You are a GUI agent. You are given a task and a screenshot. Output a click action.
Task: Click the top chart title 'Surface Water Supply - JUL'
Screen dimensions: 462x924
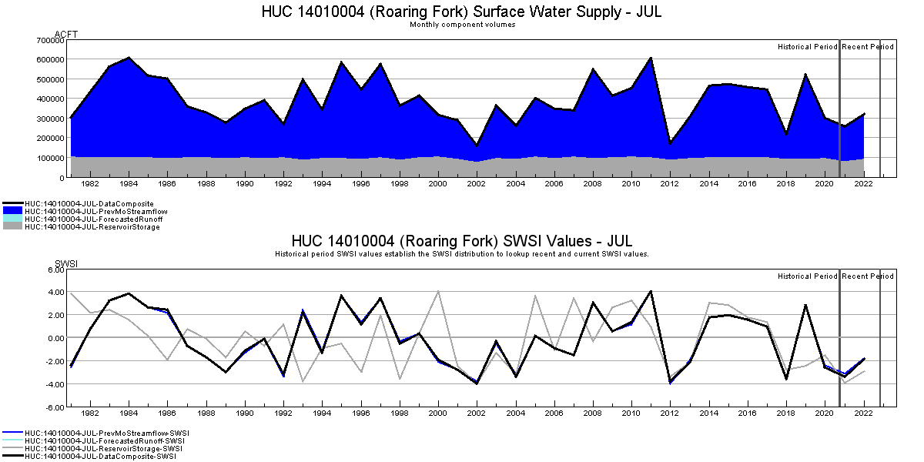click(x=461, y=12)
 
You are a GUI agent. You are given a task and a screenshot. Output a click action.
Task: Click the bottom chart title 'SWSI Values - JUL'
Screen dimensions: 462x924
click(x=462, y=241)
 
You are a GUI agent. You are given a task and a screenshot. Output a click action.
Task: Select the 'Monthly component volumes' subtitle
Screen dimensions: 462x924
click(x=462, y=25)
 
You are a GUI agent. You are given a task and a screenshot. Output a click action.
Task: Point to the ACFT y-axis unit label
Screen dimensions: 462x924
click(x=67, y=34)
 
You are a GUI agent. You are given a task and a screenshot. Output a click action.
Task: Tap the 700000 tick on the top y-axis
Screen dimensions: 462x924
click(x=50, y=39)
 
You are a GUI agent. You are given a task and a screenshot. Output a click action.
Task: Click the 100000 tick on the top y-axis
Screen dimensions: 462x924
click(x=50, y=158)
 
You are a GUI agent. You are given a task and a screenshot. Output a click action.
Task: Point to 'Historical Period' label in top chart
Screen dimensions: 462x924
click(x=807, y=47)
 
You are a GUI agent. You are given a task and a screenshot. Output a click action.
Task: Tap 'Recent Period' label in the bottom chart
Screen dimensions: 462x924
click(x=868, y=276)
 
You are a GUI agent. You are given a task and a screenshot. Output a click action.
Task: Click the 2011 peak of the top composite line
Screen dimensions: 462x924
click(x=651, y=58)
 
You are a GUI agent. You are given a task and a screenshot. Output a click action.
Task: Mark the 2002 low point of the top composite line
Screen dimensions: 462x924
click(x=477, y=145)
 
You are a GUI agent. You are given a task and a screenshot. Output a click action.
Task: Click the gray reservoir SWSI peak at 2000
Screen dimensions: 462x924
click(x=438, y=291)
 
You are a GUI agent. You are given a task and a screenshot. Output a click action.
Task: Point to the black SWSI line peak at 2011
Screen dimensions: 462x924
click(x=651, y=291)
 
